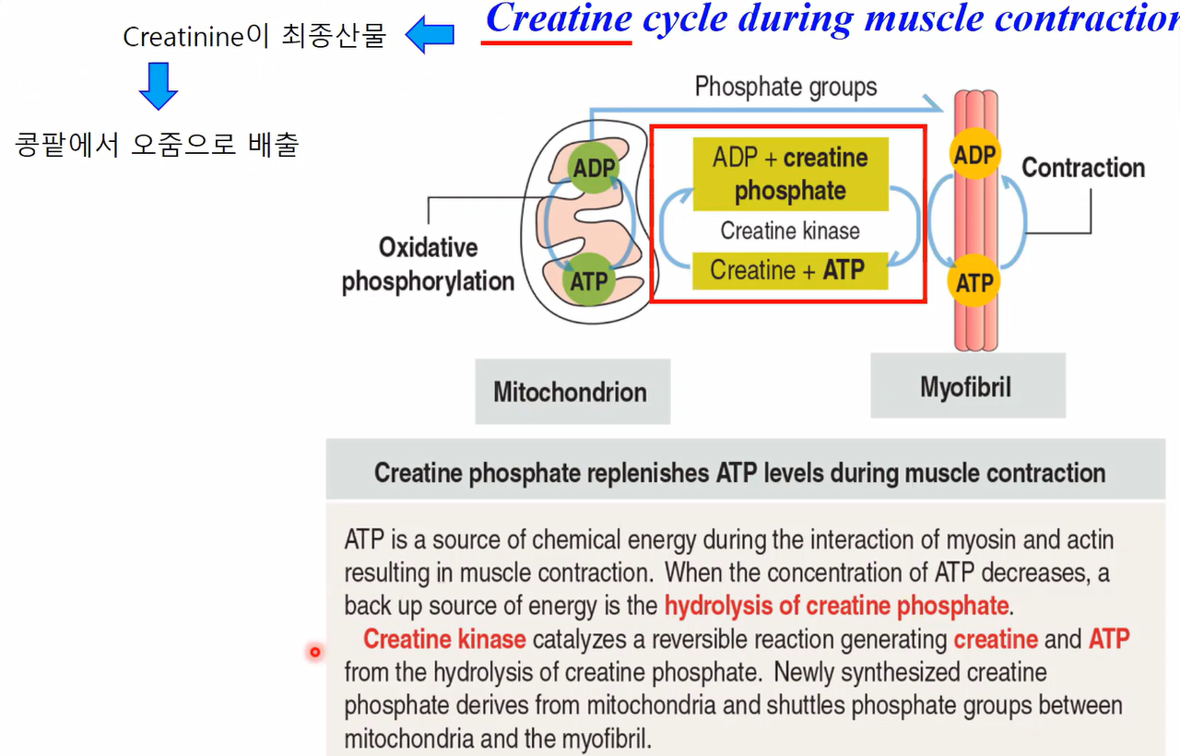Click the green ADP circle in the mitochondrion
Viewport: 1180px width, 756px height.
point(594,168)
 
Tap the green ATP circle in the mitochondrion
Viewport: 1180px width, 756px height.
point(589,280)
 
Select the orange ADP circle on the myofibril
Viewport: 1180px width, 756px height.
point(974,155)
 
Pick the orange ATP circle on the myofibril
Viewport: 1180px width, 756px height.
point(973,282)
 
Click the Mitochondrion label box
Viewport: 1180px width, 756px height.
point(570,392)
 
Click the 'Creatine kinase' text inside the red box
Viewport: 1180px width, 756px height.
point(789,230)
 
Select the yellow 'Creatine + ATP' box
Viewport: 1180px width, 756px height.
point(788,270)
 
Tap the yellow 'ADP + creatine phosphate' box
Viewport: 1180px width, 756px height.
point(790,174)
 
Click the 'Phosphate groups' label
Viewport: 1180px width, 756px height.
point(785,88)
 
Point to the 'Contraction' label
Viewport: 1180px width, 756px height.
point(1083,168)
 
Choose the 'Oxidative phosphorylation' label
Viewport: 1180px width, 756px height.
point(428,265)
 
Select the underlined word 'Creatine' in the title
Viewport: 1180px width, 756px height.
point(559,18)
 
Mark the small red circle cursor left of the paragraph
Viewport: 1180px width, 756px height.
point(314,653)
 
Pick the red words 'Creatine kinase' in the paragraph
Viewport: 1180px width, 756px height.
point(444,639)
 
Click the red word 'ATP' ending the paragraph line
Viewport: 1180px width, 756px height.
point(1108,639)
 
